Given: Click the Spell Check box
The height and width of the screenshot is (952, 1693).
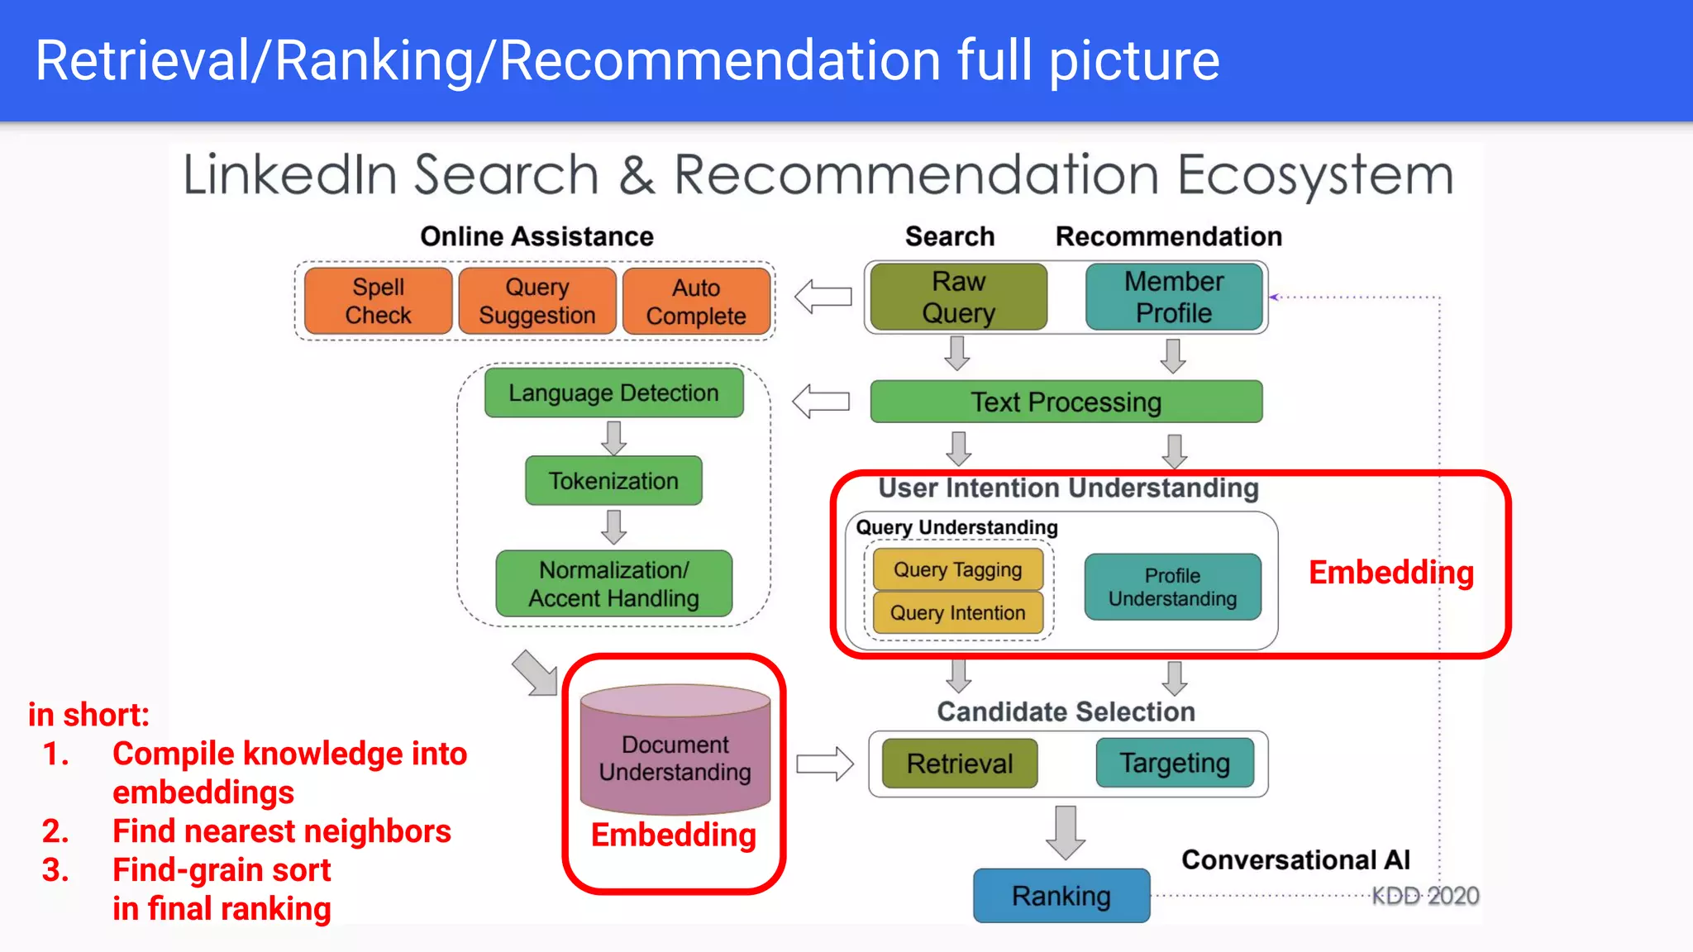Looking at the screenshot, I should pyautogui.click(x=378, y=301).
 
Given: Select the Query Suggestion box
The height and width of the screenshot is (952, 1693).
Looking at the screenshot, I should pyautogui.click(x=537, y=301).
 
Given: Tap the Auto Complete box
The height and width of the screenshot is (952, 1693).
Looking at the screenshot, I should pyautogui.click(x=696, y=302).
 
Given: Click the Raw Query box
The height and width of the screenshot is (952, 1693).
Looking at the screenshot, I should pyautogui.click(x=958, y=297).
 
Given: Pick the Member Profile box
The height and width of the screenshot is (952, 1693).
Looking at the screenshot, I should pyautogui.click(x=1173, y=297).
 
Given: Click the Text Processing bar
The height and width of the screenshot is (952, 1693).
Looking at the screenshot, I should pyautogui.click(x=1066, y=402).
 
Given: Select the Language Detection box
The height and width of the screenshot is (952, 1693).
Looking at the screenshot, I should pyautogui.click(x=613, y=393).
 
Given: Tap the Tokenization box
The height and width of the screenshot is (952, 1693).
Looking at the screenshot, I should pyautogui.click(x=613, y=481).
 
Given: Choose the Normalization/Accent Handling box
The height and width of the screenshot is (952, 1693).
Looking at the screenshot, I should pyautogui.click(x=613, y=584).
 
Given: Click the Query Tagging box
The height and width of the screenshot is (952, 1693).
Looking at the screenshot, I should pyautogui.click(x=957, y=570).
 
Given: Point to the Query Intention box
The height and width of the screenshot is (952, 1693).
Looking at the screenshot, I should pyautogui.click(x=957, y=613).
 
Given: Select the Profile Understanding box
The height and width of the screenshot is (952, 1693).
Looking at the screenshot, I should pyautogui.click(x=1172, y=588).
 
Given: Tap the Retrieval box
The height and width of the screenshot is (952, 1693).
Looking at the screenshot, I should pyautogui.click(x=959, y=764).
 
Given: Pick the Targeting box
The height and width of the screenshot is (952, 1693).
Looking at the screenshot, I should pyautogui.click(x=1174, y=764).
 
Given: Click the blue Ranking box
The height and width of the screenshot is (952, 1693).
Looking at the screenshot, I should pyautogui.click(x=1061, y=896).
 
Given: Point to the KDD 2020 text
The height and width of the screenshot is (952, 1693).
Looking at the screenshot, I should pyautogui.click(x=1425, y=896).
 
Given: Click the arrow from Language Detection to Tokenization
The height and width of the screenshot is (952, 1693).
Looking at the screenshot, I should pyautogui.click(x=613, y=438).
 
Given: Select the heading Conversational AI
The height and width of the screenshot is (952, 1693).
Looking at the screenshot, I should pyautogui.click(x=1295, y=860).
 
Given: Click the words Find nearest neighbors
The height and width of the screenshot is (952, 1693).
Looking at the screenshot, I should pyautogui.click(x=281, y=831).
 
